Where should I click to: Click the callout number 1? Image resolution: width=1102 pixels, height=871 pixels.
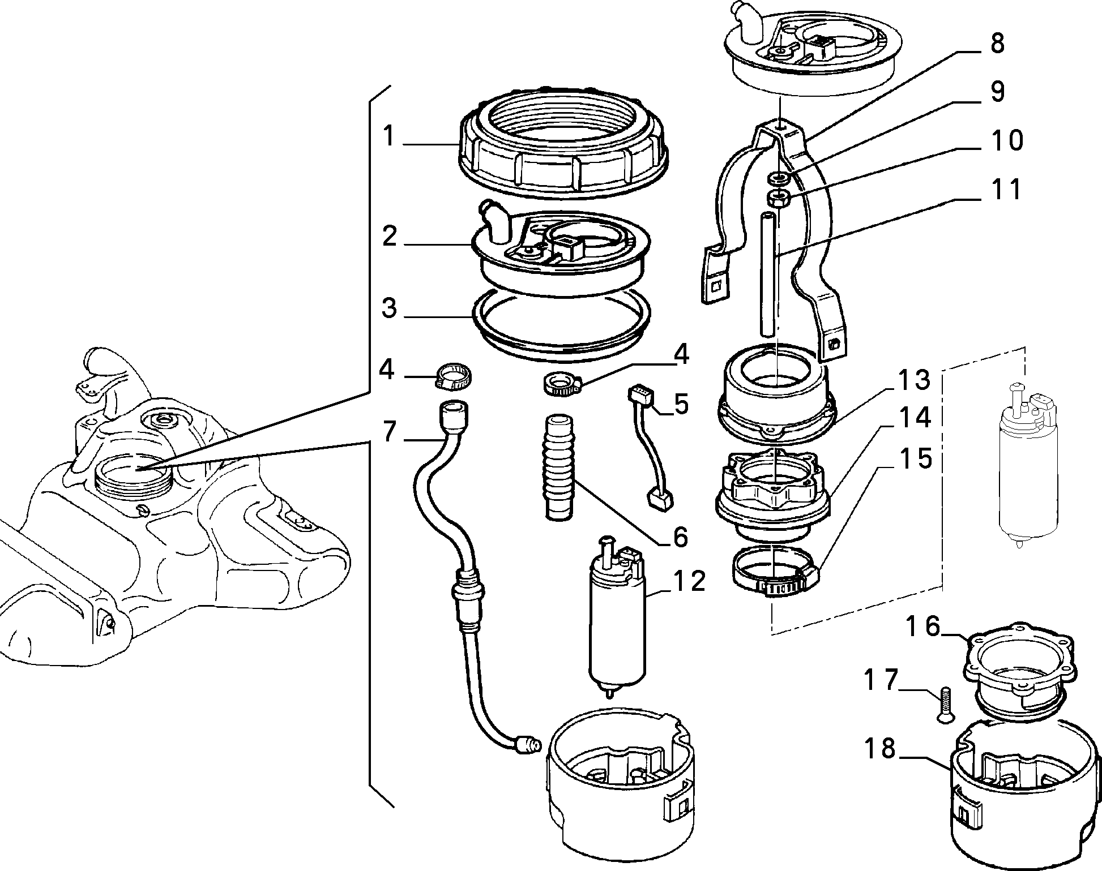[x=388, y=137]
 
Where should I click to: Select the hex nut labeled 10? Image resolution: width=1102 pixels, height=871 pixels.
[x=777, y=199]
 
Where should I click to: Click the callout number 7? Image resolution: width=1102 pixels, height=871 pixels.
[x=389, y=432]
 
